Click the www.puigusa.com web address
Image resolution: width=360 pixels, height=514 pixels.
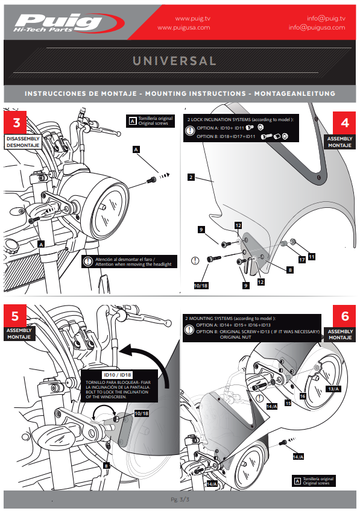(184, 28)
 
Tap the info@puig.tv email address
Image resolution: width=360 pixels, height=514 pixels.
(326, 18)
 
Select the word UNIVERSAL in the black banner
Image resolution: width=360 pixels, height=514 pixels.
(174, 61)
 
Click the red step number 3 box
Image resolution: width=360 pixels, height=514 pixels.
(15, 122)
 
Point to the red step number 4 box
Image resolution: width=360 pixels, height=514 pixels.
(344, 122)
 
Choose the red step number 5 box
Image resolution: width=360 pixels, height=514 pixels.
(15, 316)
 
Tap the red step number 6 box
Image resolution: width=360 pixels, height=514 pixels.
(344, 316)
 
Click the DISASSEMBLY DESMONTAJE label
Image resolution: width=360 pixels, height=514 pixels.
(23, 142)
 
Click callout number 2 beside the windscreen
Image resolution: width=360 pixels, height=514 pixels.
(191, 177)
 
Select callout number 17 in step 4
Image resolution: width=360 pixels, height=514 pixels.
(302, 260)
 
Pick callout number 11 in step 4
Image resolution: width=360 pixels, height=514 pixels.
(312, 257)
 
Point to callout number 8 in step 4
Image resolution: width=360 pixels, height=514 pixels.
(290, 270)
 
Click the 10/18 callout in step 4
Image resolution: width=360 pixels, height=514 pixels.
(201, 286)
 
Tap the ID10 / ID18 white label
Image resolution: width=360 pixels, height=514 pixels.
(118, 375)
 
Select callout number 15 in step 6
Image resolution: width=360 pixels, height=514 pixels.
(288, 403)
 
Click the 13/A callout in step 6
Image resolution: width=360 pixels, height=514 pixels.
(333, 389)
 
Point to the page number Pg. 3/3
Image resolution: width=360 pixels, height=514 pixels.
(180, 500)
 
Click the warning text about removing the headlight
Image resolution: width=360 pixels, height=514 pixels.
(133, 262)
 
